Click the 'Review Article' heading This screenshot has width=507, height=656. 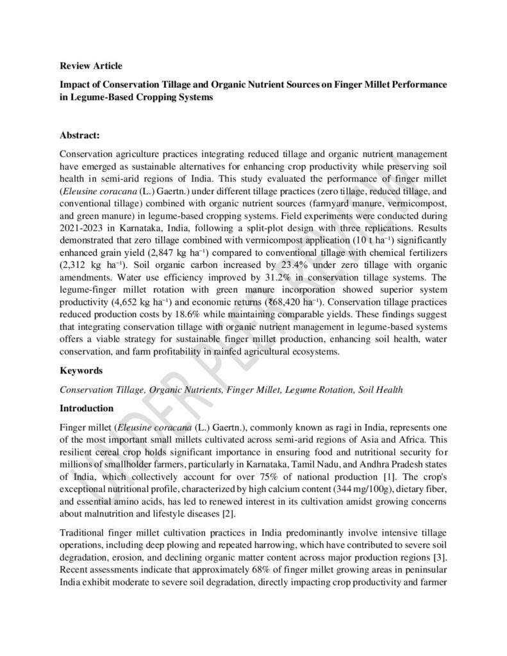[x=90, y=65]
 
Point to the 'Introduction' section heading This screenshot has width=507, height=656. [x=87, y=408]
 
